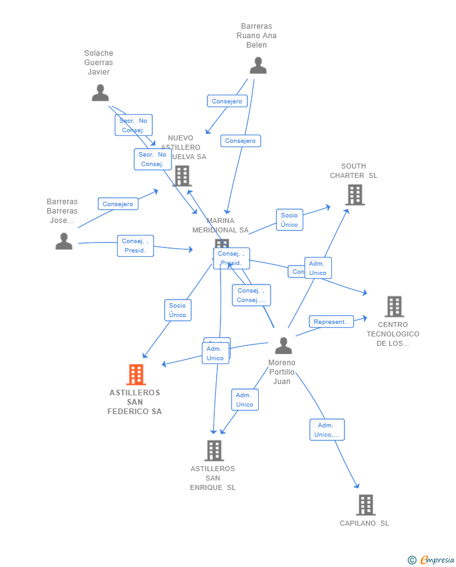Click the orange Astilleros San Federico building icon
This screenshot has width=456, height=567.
136,375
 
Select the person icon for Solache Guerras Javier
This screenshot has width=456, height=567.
100,93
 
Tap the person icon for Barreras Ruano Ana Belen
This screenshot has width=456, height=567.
257,65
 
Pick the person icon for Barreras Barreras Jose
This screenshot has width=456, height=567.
64,241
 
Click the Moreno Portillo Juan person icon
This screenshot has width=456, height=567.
283,345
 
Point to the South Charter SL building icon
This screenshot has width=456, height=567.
355,195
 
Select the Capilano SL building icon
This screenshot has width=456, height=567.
366,504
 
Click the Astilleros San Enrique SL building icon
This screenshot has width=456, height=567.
214,450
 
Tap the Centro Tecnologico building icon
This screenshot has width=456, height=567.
394,306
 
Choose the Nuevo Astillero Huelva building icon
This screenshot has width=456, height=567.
182,176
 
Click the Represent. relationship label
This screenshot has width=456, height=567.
329,321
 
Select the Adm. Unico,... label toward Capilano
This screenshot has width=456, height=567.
326,430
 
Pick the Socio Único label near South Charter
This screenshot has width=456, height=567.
289,220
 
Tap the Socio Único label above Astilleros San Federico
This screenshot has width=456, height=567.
178,310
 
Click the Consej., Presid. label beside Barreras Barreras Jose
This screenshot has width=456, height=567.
135,246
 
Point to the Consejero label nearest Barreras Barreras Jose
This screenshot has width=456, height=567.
118,204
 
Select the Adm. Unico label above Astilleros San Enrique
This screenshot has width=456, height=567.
244,400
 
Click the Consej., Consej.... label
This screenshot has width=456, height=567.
251,295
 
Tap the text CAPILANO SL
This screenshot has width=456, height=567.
364,523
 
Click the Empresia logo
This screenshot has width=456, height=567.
432,559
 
